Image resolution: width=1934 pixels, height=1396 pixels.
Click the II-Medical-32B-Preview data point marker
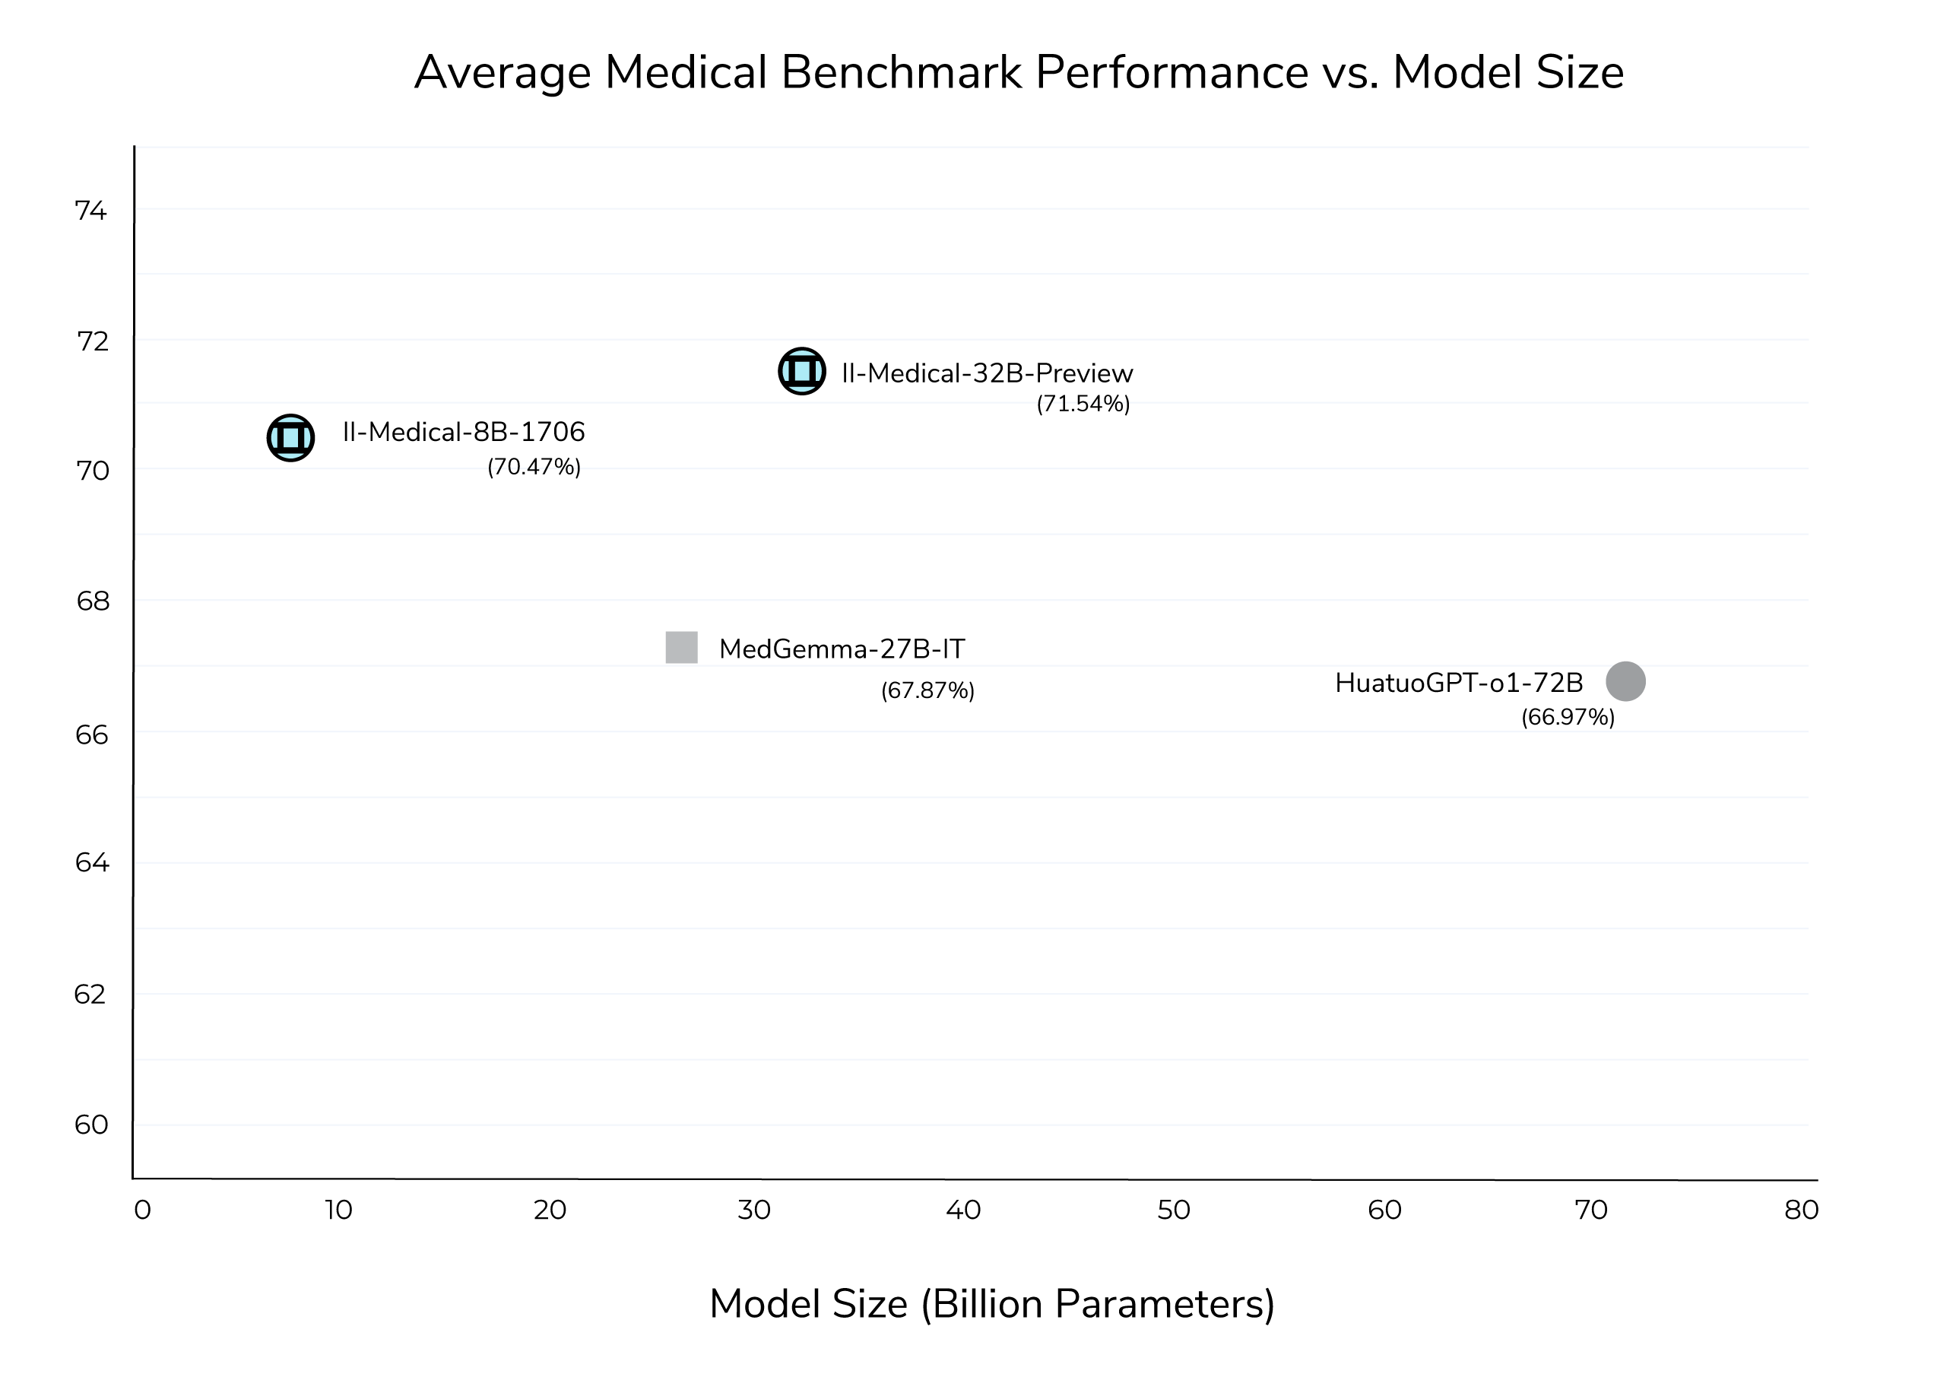801,371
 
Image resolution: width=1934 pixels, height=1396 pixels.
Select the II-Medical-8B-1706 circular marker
290,437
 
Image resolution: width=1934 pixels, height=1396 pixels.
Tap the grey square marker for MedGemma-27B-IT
681,647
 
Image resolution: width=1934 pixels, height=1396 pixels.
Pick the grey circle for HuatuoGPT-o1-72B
1625,681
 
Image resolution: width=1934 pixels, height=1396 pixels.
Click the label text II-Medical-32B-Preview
987,373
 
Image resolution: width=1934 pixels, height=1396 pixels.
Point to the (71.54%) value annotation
1083,405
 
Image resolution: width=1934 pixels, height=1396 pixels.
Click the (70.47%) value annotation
534,468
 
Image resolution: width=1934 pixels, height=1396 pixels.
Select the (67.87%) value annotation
927,690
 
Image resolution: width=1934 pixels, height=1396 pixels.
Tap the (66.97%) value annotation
1568,717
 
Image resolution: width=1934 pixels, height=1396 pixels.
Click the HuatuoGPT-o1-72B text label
1458,683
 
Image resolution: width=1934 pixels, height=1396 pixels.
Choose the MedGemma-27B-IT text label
842,650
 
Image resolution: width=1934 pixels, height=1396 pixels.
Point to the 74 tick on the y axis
91,211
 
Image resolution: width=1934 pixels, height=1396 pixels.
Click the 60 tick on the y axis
91,1125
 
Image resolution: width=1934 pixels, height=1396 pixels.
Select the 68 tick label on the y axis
93,601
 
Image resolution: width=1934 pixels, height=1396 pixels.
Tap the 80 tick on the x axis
1801,1210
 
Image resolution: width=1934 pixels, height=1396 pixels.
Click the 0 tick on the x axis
142,1210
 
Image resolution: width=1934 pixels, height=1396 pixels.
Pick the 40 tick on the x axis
964,1210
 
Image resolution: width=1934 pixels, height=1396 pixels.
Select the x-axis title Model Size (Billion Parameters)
992,1304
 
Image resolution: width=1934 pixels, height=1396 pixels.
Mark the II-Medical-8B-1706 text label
464,433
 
